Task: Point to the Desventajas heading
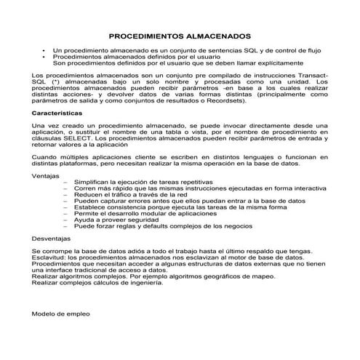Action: [52, 238]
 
